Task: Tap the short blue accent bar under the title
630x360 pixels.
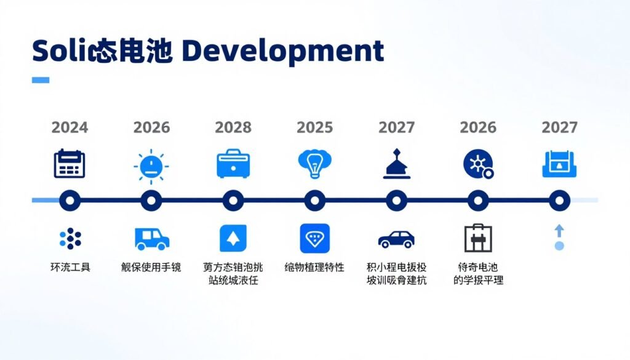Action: point(40,80)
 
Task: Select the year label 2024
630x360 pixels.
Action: point(70,127)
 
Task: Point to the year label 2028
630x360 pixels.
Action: point(233,127)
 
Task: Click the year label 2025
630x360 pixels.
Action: point(314,127)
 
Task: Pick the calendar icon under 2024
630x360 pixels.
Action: point(70,164)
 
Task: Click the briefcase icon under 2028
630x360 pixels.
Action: point(233,164)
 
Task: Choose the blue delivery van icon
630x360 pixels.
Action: point(151,238)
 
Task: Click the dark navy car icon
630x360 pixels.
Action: point(396,239)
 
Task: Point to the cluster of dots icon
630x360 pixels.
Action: point(70,238)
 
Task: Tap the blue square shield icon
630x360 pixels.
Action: point(314,238)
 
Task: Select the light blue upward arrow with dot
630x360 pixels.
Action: point(559,238)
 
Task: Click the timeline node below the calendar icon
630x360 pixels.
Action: point(70,200)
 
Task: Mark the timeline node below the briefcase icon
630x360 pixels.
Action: point(233,200)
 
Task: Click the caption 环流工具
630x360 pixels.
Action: point(70,268)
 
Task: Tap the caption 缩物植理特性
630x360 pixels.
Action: point(314,268)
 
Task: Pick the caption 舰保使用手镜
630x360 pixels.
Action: point(151,268)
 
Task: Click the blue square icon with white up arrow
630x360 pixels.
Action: point(233,238)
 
